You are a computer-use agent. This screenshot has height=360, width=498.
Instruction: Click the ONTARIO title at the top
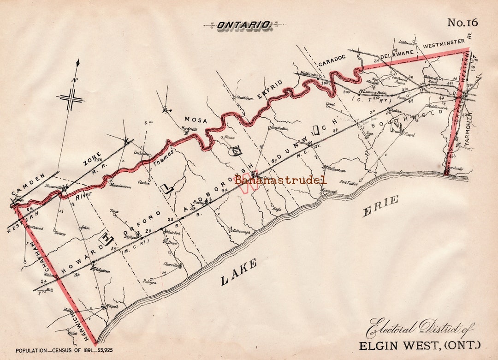(x=244, y=25)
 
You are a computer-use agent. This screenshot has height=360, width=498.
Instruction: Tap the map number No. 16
(x=462, y=23)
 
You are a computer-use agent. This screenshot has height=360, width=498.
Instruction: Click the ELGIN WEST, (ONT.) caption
(x=419, y=345)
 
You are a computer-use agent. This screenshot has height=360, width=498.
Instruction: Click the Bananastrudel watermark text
(x=281, y=180)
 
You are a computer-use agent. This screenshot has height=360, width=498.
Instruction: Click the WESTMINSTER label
(x=444, y=44)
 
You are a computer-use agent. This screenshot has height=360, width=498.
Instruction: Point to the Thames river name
(x=152, y=154)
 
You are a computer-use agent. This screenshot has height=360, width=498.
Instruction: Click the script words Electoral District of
(x=420, y=328)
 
